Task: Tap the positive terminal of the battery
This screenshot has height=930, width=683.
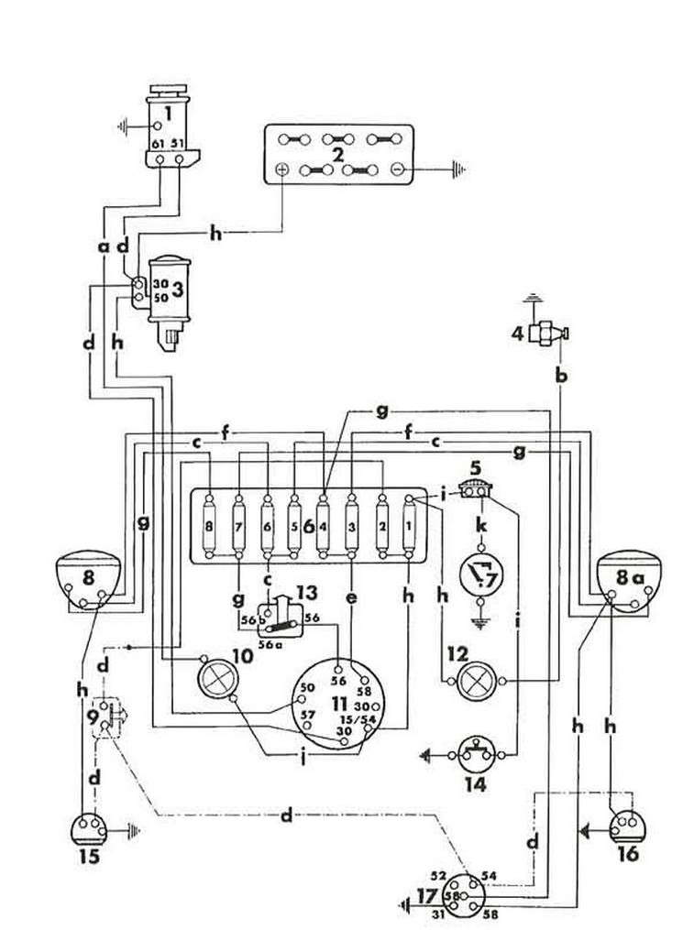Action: (x=282, y=170)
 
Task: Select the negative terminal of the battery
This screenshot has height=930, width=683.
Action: (x=397, y=170)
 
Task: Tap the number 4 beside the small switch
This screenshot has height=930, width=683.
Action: (x=517, y=334)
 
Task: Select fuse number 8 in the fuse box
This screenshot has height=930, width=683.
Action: (x=211, y=527)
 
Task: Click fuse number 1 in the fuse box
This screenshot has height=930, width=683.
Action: (x=409, y=527)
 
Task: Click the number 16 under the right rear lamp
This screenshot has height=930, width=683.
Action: (x=629, y=855)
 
